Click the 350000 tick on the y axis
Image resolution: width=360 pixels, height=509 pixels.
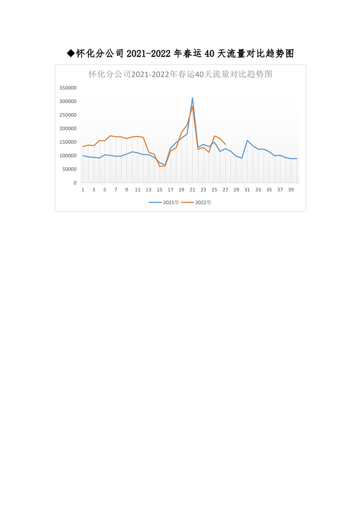[68, 88]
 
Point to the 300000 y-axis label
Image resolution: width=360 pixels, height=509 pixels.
[68, 101]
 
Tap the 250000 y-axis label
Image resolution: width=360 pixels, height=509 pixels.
[68, 115]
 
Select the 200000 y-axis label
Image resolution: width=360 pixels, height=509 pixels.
[68, 128]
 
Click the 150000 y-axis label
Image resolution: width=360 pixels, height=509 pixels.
[68, 142]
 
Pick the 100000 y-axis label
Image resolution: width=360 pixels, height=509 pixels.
[68, 156]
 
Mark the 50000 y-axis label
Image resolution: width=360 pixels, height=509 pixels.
[69, 169]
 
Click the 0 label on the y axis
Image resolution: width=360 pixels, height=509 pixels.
[74, 183]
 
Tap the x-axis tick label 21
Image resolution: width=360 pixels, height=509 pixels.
[192, 190]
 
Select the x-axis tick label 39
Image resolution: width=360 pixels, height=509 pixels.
[291, 190]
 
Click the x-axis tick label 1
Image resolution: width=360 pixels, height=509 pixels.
[83, 190]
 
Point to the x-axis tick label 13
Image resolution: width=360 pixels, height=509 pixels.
[148, 190]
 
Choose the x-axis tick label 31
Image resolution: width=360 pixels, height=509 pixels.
[247, 190]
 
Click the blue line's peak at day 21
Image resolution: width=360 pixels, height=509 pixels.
[192, 98]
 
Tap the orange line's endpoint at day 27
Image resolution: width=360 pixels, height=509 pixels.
[225, 144]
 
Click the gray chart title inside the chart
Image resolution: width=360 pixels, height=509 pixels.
[180, 74]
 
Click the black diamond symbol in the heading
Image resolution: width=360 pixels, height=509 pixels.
[70, 54]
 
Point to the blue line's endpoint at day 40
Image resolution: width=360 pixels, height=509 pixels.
[296, 158]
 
